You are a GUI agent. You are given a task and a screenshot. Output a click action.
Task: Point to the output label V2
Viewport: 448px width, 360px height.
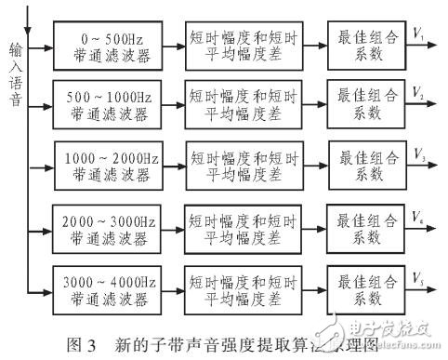419,96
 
